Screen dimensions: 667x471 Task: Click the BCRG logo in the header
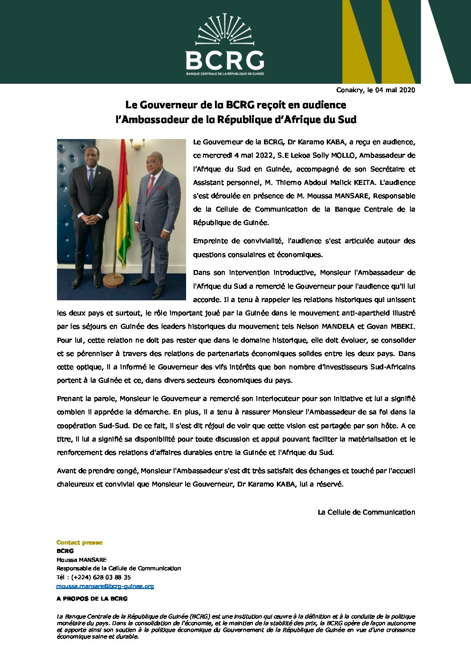click(225, 45)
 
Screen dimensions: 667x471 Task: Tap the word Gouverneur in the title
click(169, 105)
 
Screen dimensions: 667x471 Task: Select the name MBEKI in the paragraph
click(402, 327)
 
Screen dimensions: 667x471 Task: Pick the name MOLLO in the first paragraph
click(342, 155)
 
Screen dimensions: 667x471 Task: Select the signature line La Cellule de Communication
click(366, 512)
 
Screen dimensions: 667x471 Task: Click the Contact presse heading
click(79, 542)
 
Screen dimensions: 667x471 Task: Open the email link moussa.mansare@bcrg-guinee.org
click(105, 586)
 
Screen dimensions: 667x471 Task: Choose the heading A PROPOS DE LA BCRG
click(92, 598)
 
